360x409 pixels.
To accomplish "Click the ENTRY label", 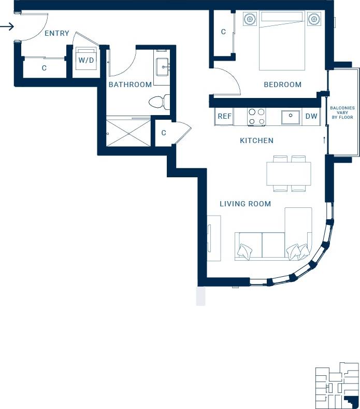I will click(56, 33).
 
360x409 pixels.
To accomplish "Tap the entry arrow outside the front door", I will click(7, 26).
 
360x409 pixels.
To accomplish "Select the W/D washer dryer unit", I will click(85, 60).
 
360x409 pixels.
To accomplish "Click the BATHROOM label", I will click(130, 84).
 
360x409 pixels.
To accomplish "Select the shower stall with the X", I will click(128, 133).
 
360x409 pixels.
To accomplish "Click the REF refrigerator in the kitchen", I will click(224, 117).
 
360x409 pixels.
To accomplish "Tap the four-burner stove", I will click(256, 117).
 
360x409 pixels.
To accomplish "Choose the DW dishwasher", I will click(311, 117).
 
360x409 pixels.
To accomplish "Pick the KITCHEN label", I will click(256, 140).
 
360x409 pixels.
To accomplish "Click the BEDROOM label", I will click(282, 84).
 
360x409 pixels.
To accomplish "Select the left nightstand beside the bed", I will click(250, 19).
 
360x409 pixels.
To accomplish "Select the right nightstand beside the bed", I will click(313, 19).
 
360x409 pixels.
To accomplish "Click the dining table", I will click(289, 174).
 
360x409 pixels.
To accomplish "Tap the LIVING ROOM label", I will click(245, 204).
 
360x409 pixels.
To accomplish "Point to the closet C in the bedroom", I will click(223, 32).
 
